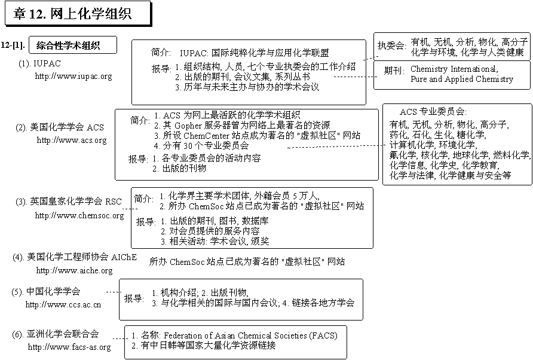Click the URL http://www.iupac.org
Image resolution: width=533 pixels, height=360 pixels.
73,76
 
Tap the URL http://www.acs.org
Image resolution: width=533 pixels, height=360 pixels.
72,140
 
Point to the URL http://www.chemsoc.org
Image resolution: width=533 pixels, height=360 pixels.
79,215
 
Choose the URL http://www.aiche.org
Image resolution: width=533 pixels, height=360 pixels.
74,270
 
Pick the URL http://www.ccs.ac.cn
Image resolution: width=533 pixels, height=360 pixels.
63,304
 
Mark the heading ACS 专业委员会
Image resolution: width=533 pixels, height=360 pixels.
433,112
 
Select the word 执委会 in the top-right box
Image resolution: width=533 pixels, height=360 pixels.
391,46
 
